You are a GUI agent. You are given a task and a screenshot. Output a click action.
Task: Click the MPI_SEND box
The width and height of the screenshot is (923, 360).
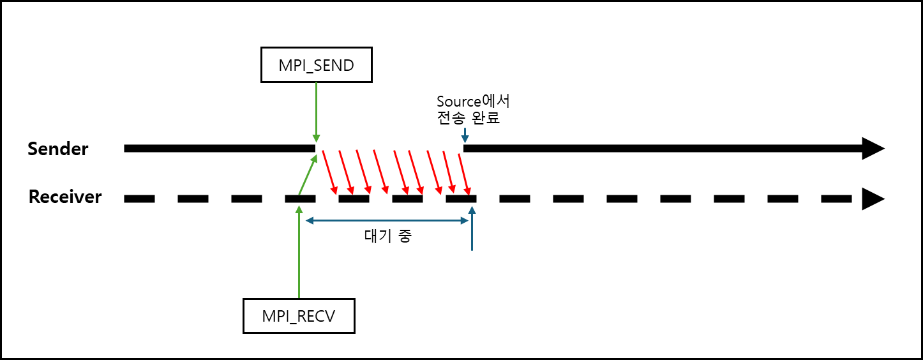point(316,64)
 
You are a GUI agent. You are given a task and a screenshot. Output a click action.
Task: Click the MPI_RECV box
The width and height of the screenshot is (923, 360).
point(299,315)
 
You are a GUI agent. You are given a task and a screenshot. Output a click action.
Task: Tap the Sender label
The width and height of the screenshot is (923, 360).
point(58,149)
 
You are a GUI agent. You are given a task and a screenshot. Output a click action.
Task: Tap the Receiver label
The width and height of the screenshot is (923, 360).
point(65,197)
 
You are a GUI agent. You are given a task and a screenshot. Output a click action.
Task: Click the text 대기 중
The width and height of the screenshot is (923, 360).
point(388,236)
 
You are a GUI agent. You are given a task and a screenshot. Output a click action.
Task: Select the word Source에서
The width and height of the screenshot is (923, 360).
point(473,101)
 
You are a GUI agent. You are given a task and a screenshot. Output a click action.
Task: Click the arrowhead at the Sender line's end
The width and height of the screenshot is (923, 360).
point(873,148)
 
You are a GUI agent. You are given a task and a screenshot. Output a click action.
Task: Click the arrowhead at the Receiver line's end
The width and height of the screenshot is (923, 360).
point(873,199)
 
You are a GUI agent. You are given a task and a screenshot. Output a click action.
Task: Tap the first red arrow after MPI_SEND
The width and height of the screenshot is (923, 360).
point(329,171)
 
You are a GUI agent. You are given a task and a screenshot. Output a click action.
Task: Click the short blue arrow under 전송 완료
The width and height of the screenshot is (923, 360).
point(466,135)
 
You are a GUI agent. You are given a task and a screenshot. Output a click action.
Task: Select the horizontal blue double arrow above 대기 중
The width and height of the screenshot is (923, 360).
point(388,221)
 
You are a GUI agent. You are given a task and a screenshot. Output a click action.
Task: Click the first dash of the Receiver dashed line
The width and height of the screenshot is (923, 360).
point(139,199)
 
